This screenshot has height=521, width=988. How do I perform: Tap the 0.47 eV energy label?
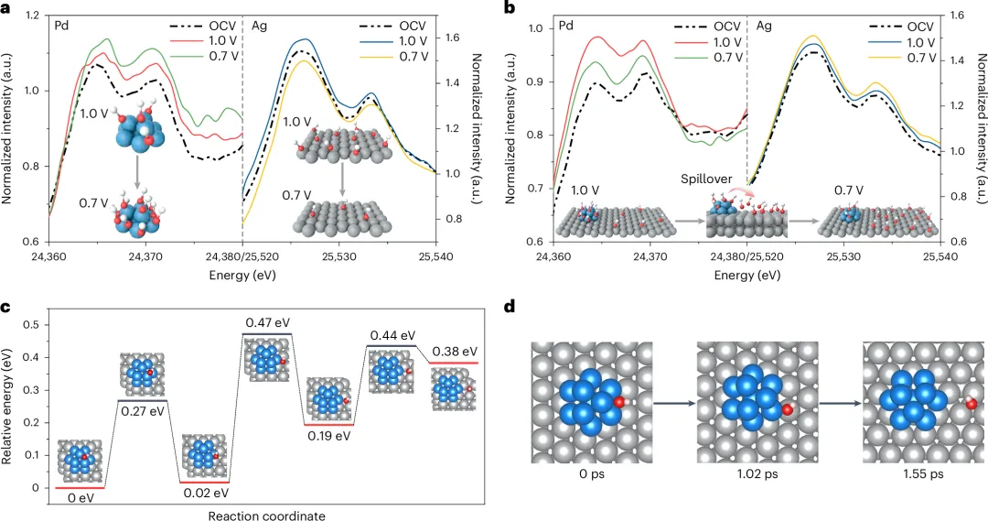point(268,323)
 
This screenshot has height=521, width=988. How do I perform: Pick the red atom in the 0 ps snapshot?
point(619,401)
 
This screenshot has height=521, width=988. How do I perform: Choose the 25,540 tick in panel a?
point(435,259)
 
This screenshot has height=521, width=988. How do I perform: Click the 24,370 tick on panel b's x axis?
point(650,259)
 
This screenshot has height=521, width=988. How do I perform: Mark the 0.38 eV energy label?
point(455,352)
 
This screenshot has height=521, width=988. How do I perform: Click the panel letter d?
point(510,307)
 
